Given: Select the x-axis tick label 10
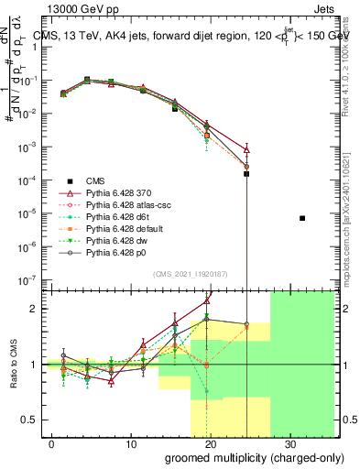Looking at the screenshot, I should pos(130,443).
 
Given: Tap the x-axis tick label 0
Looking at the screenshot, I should pos(51,443).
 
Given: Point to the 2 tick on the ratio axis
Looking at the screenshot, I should pos(34,309).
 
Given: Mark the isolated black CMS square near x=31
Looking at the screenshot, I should pos(302,218).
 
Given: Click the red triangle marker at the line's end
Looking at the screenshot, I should pos(246,148).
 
